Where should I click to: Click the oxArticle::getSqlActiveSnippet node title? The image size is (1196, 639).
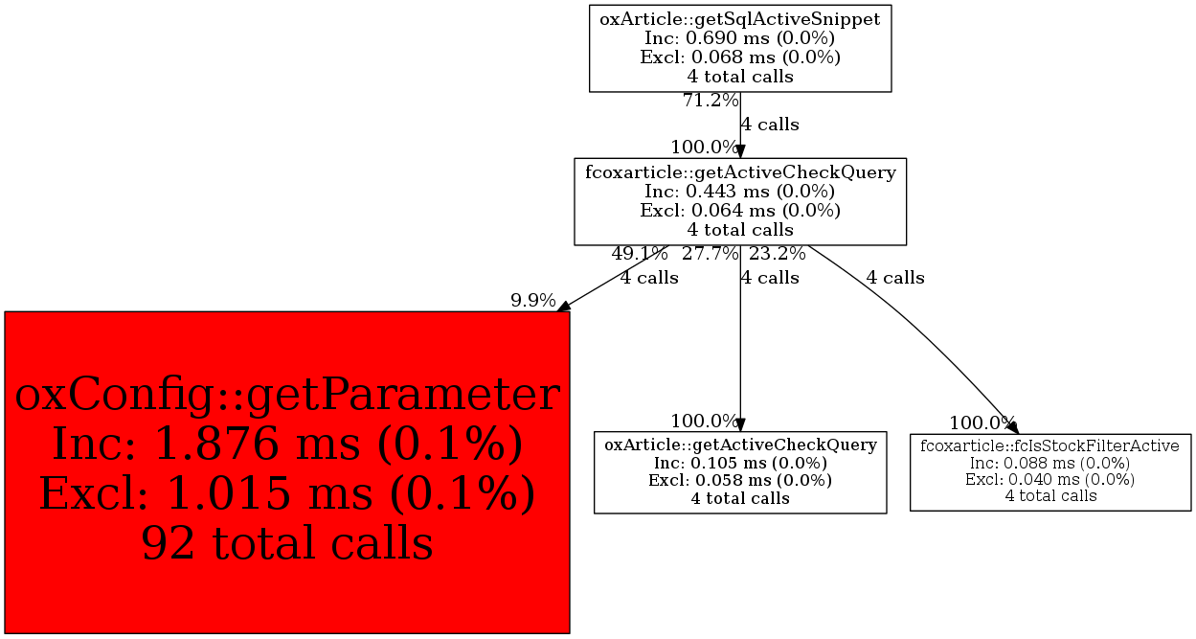point(740,19)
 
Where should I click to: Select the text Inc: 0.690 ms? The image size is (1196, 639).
point(707,38)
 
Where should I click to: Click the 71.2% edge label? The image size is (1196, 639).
point(711,100)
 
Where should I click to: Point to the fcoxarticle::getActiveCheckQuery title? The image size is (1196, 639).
point(740,172)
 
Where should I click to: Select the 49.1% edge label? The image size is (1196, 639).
point(640,253)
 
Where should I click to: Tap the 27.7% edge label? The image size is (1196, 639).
point(711,253)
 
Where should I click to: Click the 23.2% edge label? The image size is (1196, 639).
point(777,253)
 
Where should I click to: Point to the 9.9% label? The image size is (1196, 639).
point(532,300)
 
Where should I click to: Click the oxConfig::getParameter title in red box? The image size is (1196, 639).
point(287,395)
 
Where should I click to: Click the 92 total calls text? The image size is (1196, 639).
point(287,542)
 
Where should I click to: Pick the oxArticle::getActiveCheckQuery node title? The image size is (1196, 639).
point(740,445)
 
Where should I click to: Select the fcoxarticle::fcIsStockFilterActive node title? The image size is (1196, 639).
point(1050,445)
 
